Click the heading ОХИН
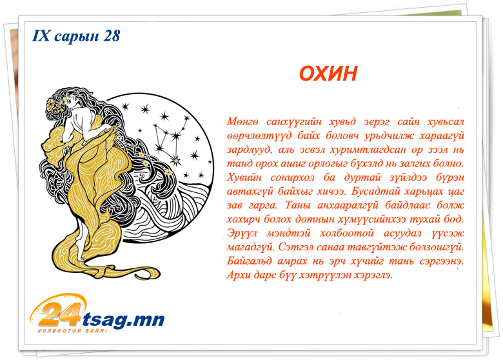(x=328, y=74)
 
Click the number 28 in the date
(x=112, y=35)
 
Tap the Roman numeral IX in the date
(x=41, y=35)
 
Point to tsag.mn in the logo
(x=124, y=319)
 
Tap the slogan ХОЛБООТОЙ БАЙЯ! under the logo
(x=72, y=331)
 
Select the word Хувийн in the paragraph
(x=244, y=177)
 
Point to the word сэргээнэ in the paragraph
(x=442, y=261)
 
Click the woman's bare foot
(x=83, y=254)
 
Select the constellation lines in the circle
(x=168, y=138)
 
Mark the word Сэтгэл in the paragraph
(x=295, y=247)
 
